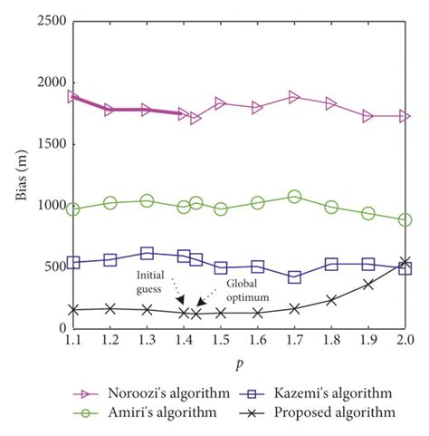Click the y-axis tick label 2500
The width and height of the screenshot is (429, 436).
pos(45,20)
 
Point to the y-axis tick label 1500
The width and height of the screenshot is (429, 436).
pos(45,143)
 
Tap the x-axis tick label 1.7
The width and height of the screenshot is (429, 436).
pos(294,340)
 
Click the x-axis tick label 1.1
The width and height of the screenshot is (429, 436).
pos(73,340)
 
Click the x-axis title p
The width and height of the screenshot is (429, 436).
pos(239,361)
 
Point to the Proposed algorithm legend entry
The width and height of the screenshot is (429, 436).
pos(321,412)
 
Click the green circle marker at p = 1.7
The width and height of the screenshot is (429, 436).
pos(294,196)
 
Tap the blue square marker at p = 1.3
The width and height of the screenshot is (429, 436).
pos(147,254)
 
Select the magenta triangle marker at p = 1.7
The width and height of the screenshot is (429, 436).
pos(294,96)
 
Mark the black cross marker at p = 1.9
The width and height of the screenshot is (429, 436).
pos(368,284)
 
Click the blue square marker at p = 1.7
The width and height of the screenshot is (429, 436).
pos(294,276)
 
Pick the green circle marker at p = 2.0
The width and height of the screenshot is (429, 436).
pos(405,219)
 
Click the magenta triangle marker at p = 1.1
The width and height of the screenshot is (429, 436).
pos(73,96)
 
